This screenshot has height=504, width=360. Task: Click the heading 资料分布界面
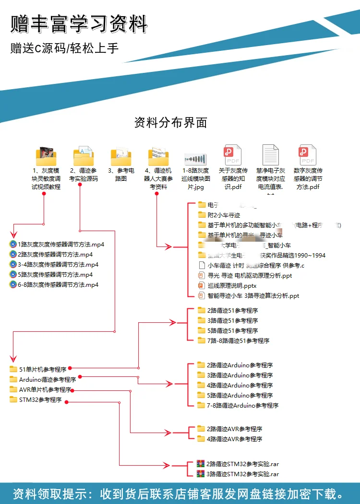point(170,123)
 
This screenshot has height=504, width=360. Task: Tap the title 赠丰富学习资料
point(79,24)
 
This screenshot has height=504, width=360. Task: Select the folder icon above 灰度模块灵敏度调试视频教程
point(46,156)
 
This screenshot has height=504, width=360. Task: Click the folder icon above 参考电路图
point(121,156)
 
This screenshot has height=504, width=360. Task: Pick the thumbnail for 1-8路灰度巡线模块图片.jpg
point(195,159)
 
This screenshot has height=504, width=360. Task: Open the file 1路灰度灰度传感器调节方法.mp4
point(60,244)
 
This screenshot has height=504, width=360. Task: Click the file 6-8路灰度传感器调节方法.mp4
point(58,284)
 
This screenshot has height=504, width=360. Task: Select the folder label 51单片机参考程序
point(43,369)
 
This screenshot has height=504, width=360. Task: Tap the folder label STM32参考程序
point(40,399)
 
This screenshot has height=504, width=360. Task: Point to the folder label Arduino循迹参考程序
point(48,379)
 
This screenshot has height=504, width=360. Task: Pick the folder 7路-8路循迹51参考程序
point(238,340)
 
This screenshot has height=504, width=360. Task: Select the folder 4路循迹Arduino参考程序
point(240,385)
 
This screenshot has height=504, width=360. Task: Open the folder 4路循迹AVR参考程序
point(234,439)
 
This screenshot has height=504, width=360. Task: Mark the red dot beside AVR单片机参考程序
point(72,390)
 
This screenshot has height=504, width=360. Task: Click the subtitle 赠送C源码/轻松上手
point(65,48)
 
